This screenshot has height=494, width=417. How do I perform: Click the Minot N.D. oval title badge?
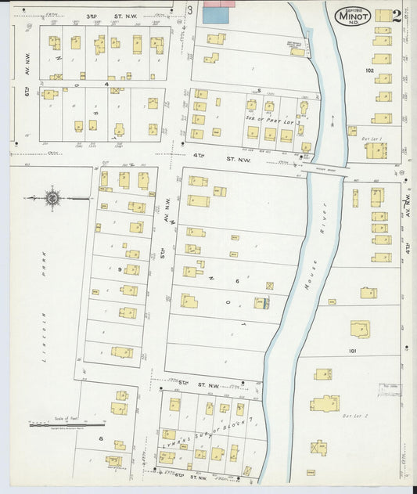tap(354, 16)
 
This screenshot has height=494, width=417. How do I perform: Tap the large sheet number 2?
tap(397, 16)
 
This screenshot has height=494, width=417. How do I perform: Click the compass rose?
tap(52, 198)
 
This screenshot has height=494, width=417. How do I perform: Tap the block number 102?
tap(370, 70)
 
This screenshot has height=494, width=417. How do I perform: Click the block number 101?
tap(353, 351)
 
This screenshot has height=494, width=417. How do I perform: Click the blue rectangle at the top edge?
tap(212, 13)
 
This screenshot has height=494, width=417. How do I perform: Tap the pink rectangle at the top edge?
tap(220, 3)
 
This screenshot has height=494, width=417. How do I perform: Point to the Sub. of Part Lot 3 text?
tap(275, 118)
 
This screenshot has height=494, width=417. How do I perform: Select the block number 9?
tap(120, 269)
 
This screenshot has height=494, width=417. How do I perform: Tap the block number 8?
tap(101, 439)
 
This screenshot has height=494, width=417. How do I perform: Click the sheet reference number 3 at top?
tap(190, 9)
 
